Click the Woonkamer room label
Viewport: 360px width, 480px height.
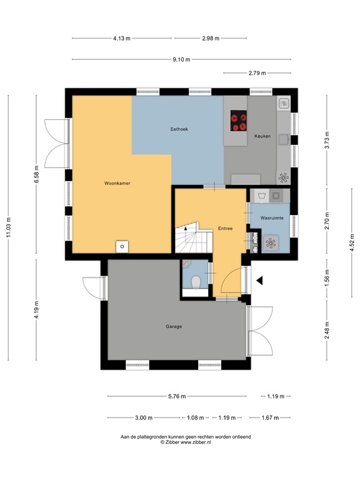coord(117,184)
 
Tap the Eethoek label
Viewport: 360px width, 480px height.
coord(179,129)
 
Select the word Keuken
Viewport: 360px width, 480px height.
coord(262,136)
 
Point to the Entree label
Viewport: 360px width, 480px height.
coord(225,228)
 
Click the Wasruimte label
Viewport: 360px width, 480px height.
coord(272,217)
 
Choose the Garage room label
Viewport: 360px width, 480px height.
coord(174,326)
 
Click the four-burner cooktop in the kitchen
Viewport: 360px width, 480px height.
coord(238,121)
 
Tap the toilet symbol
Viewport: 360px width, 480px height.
coord(196,282)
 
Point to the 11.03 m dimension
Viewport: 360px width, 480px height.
coord(9,227)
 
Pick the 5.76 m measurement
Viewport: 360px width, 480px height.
coord(177,396)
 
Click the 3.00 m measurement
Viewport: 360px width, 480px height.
coord(142,417)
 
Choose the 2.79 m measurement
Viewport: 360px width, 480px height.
coord(257,74)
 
